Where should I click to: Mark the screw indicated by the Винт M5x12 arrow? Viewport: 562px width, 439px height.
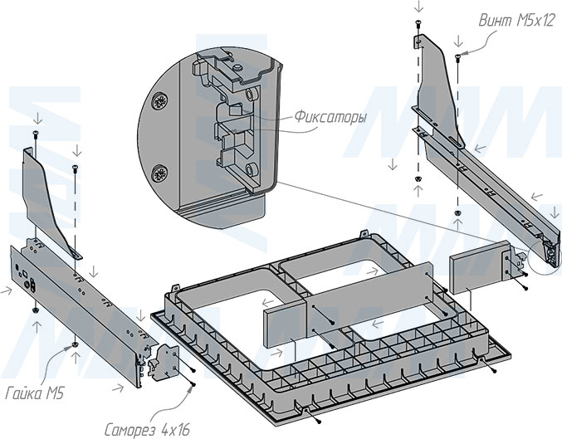pyautogui.click(x=458, y=56)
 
